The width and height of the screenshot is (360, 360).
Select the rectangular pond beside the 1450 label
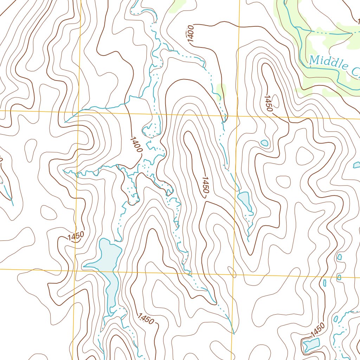click(x=311, y=345)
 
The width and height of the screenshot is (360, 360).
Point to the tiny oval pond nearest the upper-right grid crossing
click(x=264, y=143)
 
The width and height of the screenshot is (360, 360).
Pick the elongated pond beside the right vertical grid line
click(x=245, y=200)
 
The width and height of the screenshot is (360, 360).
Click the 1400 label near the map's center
click(x=136, y=144)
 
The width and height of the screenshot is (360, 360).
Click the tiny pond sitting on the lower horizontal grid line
click(x=339, y=277)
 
